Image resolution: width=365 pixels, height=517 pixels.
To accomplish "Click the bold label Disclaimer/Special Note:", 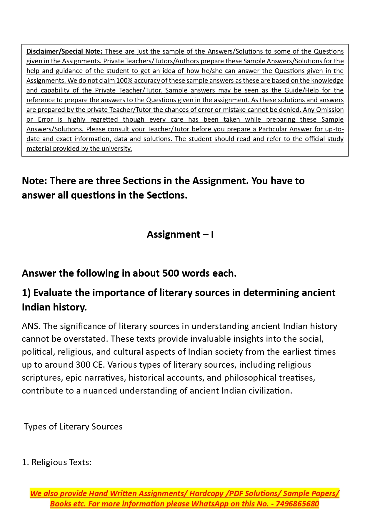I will point(64,52).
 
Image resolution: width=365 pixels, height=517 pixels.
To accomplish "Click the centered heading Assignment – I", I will point(180,234).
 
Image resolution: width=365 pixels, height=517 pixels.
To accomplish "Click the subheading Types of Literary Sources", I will point(73,427).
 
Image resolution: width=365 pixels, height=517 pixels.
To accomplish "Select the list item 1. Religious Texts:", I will point(57,463).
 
